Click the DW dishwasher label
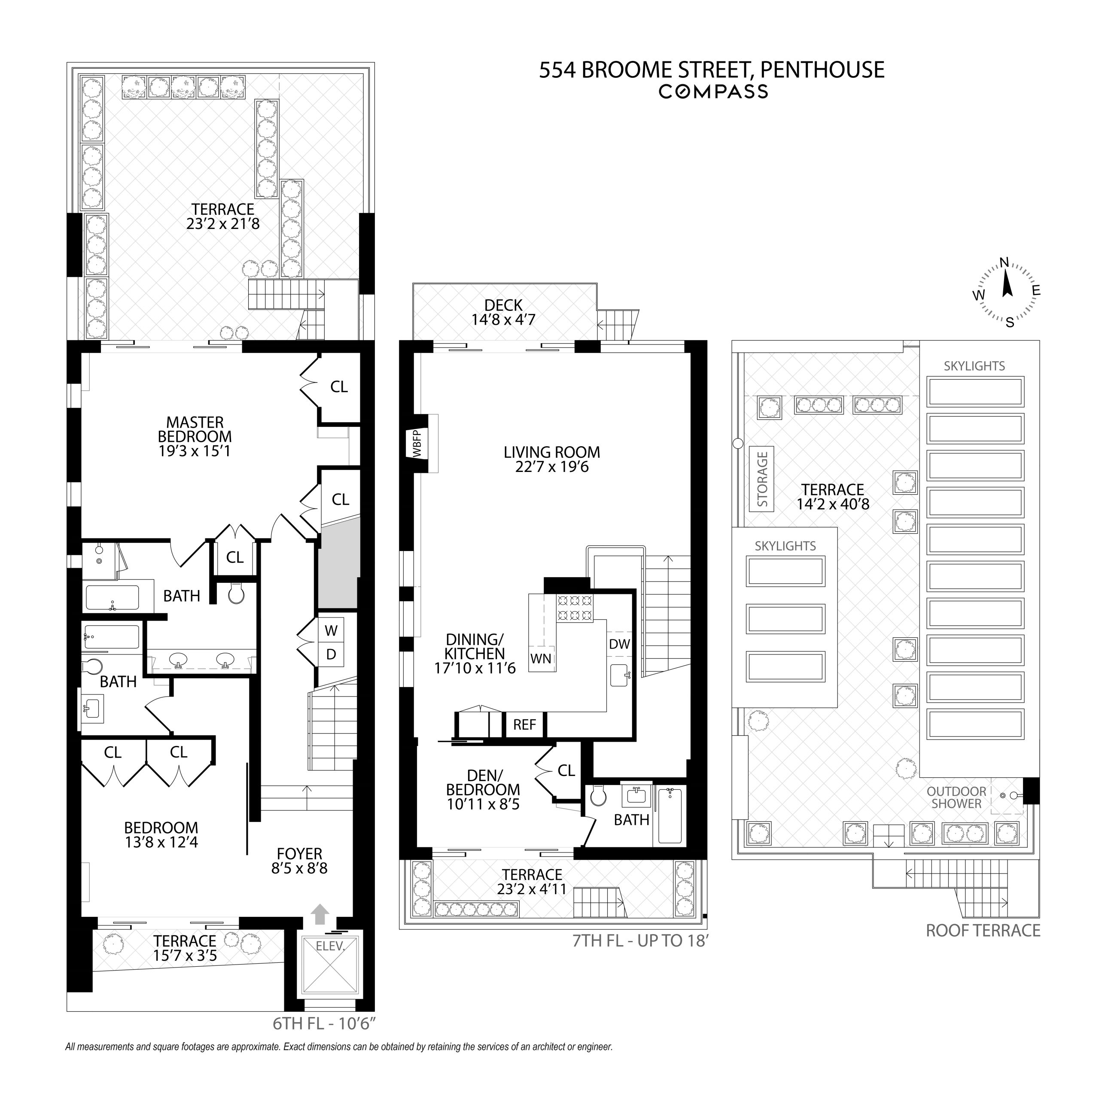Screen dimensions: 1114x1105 point(619,644)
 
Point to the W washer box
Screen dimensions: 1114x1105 point(330,630)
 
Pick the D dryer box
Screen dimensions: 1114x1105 point(330,654)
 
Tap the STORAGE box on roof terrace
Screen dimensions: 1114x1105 point(762,479)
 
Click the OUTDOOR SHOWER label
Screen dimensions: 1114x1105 point(956,797)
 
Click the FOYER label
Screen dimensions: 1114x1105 point(299,853)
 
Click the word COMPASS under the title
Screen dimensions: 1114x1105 point(713,91)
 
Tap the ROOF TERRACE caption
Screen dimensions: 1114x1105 point(983,930)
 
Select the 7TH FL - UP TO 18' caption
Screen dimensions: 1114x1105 point(639,941)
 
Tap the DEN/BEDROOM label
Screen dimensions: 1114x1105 point(483,782)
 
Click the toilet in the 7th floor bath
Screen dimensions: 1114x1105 point(599,796)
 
